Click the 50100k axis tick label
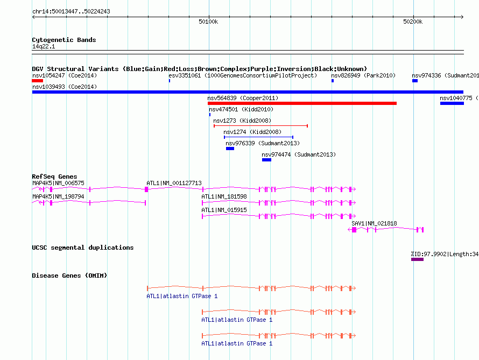(x=208, y=22)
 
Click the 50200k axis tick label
(x=413, y=22)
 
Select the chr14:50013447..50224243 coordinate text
(x=71, y=11)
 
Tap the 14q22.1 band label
(x=44, y=46)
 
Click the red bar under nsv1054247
(x=37, y=81)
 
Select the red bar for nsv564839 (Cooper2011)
(x=302, y=103)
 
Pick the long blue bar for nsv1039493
(x=248, y=92)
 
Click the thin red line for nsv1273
(x=260, y=126)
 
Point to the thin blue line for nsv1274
(x=258, y=137)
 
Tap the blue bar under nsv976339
(x=230, y=149)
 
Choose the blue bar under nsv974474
(x=267, y=160)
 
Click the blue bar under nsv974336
(x=415, y=81)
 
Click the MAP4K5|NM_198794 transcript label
(x=58, y=196)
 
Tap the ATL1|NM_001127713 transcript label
(x=174, y=183)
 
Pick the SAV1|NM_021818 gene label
(x=374, y=223)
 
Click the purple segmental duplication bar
(x=417, y=259)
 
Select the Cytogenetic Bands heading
(x=64, y=40)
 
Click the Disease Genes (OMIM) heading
(x=69, y=276)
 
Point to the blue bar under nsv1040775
(x=452, y=103)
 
